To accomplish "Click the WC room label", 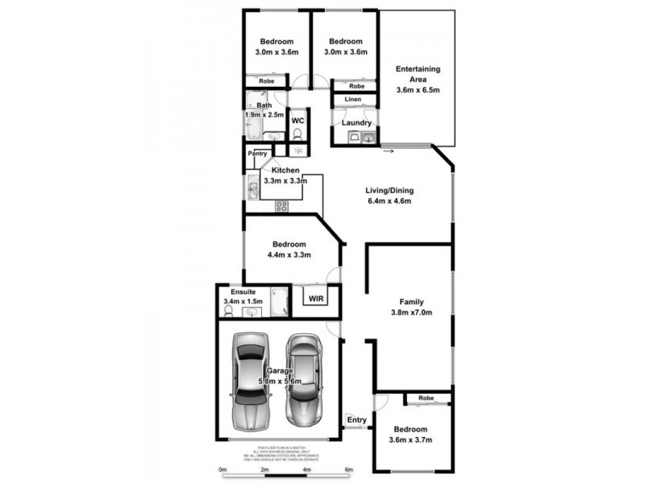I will point(298,121).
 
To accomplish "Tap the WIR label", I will point(315,297).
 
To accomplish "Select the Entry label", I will point(356,420).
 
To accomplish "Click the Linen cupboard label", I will point(353,100).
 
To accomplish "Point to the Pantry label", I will point(258,153).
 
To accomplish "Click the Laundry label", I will point(356,122).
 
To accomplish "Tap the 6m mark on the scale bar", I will point(349,469).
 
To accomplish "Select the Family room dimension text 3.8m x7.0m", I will point(412,313).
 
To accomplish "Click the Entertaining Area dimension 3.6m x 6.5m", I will point(418,90).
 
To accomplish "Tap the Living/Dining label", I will point(389,191).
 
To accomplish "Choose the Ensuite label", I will point(243,291).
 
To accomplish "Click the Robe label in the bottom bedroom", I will point(427,398).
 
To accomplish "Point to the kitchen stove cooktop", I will point(282,206).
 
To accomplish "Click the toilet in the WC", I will point(298,134).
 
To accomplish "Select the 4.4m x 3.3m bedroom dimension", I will point(288,255).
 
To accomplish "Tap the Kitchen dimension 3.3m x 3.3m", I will point(285,181).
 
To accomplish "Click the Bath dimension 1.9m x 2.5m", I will point(264,115).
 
